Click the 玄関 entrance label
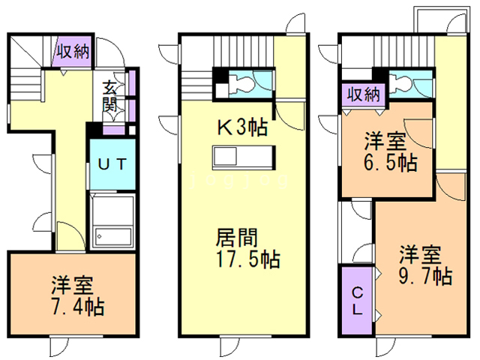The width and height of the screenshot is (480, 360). tap(109, 96)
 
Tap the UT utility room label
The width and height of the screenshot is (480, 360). tap(112, 164)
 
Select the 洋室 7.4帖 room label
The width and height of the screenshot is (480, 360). tap(77, 295)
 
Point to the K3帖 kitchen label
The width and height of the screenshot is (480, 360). tap(242, 127)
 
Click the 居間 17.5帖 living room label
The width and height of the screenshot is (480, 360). tap(247, 248)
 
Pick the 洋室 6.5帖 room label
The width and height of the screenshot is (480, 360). tap(390, 151)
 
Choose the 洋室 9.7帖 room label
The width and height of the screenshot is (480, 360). tap(425, 265)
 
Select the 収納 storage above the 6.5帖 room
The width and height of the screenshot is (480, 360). tap(364, 94)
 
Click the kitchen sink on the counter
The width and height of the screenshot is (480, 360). tap(225, 157)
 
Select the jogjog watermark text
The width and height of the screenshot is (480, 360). tap(238, 181)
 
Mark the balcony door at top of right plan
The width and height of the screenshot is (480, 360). tap(457, 23)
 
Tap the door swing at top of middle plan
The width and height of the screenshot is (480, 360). tap(296, 22)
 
